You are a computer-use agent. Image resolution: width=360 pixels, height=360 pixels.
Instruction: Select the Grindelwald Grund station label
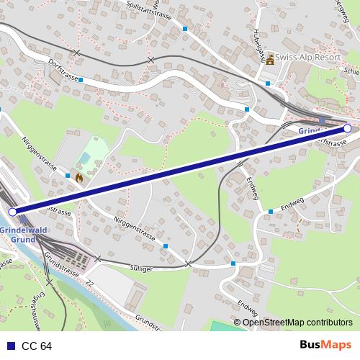coord(24,234)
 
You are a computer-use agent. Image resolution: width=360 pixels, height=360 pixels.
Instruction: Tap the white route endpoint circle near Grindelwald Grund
coord(12,212)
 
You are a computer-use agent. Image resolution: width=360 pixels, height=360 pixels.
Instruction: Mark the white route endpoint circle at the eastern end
coord(348,128)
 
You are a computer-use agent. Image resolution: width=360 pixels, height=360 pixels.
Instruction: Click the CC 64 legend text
coord(37,346)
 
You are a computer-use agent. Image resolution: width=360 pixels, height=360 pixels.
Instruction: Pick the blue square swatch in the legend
coord(11,346)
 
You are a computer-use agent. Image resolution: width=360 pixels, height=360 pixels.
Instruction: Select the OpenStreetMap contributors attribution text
coord(297,323)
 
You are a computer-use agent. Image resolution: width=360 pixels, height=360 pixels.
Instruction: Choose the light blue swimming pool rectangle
coord(86,157)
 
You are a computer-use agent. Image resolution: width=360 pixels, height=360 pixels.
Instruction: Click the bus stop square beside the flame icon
coord(68,175)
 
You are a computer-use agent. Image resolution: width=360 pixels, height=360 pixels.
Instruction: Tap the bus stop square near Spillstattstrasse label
coord(185,29)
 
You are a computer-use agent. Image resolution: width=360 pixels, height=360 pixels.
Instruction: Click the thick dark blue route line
coord(180,170)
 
